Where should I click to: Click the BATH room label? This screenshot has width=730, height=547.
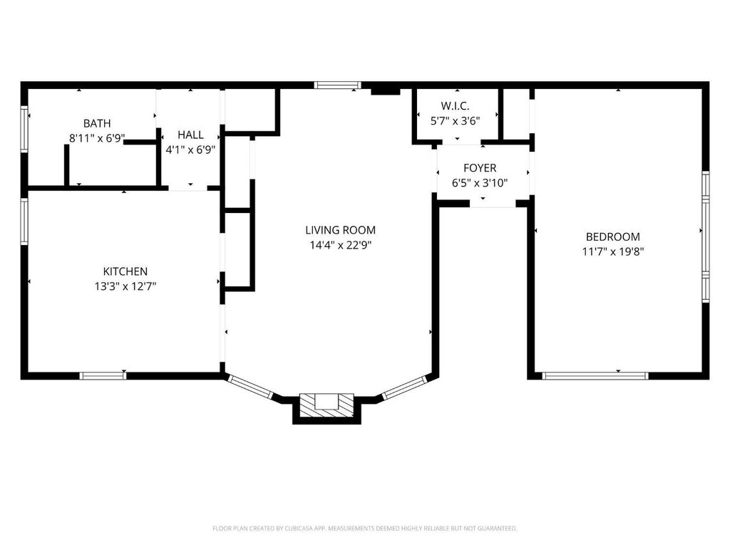97,123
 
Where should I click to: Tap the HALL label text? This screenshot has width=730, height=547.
190,135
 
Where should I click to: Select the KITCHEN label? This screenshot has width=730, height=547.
125,271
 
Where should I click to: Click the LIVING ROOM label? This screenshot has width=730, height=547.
340,230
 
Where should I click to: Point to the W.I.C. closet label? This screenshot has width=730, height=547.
455,106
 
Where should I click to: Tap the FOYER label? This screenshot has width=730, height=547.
480,168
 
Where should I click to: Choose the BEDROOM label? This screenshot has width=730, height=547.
612,236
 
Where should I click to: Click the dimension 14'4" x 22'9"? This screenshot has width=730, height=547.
340,245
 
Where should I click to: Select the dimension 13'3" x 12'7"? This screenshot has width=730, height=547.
125,286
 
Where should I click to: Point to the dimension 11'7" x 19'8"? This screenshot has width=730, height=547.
612,251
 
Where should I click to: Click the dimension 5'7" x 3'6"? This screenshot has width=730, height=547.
455,121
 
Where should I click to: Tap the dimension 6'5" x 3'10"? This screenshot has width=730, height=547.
480,183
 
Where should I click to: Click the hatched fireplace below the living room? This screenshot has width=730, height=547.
327,405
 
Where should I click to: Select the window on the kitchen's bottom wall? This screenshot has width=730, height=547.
103,376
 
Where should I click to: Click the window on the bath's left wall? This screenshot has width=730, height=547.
24,129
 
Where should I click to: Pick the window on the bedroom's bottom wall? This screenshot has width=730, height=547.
595,376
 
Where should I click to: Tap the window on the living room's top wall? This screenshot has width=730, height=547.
337,85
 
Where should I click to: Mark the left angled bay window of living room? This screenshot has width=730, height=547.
250,387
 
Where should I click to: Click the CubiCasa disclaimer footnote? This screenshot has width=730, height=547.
364,528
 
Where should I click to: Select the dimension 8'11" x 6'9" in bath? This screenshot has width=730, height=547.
97,138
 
